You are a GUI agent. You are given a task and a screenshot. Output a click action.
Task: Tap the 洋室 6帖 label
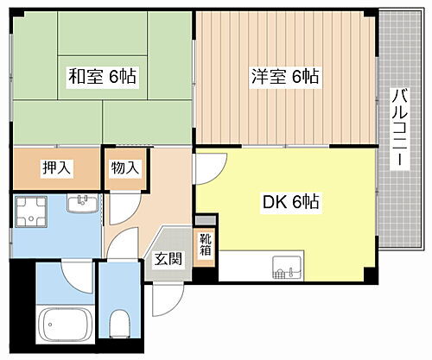pos(284,76)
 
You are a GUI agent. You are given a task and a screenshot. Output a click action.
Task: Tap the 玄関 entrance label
pos(168,257)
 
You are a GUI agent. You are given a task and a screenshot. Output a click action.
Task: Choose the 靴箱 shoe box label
pos(206,247)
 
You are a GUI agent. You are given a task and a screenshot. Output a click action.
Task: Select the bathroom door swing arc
pos(73,275)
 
